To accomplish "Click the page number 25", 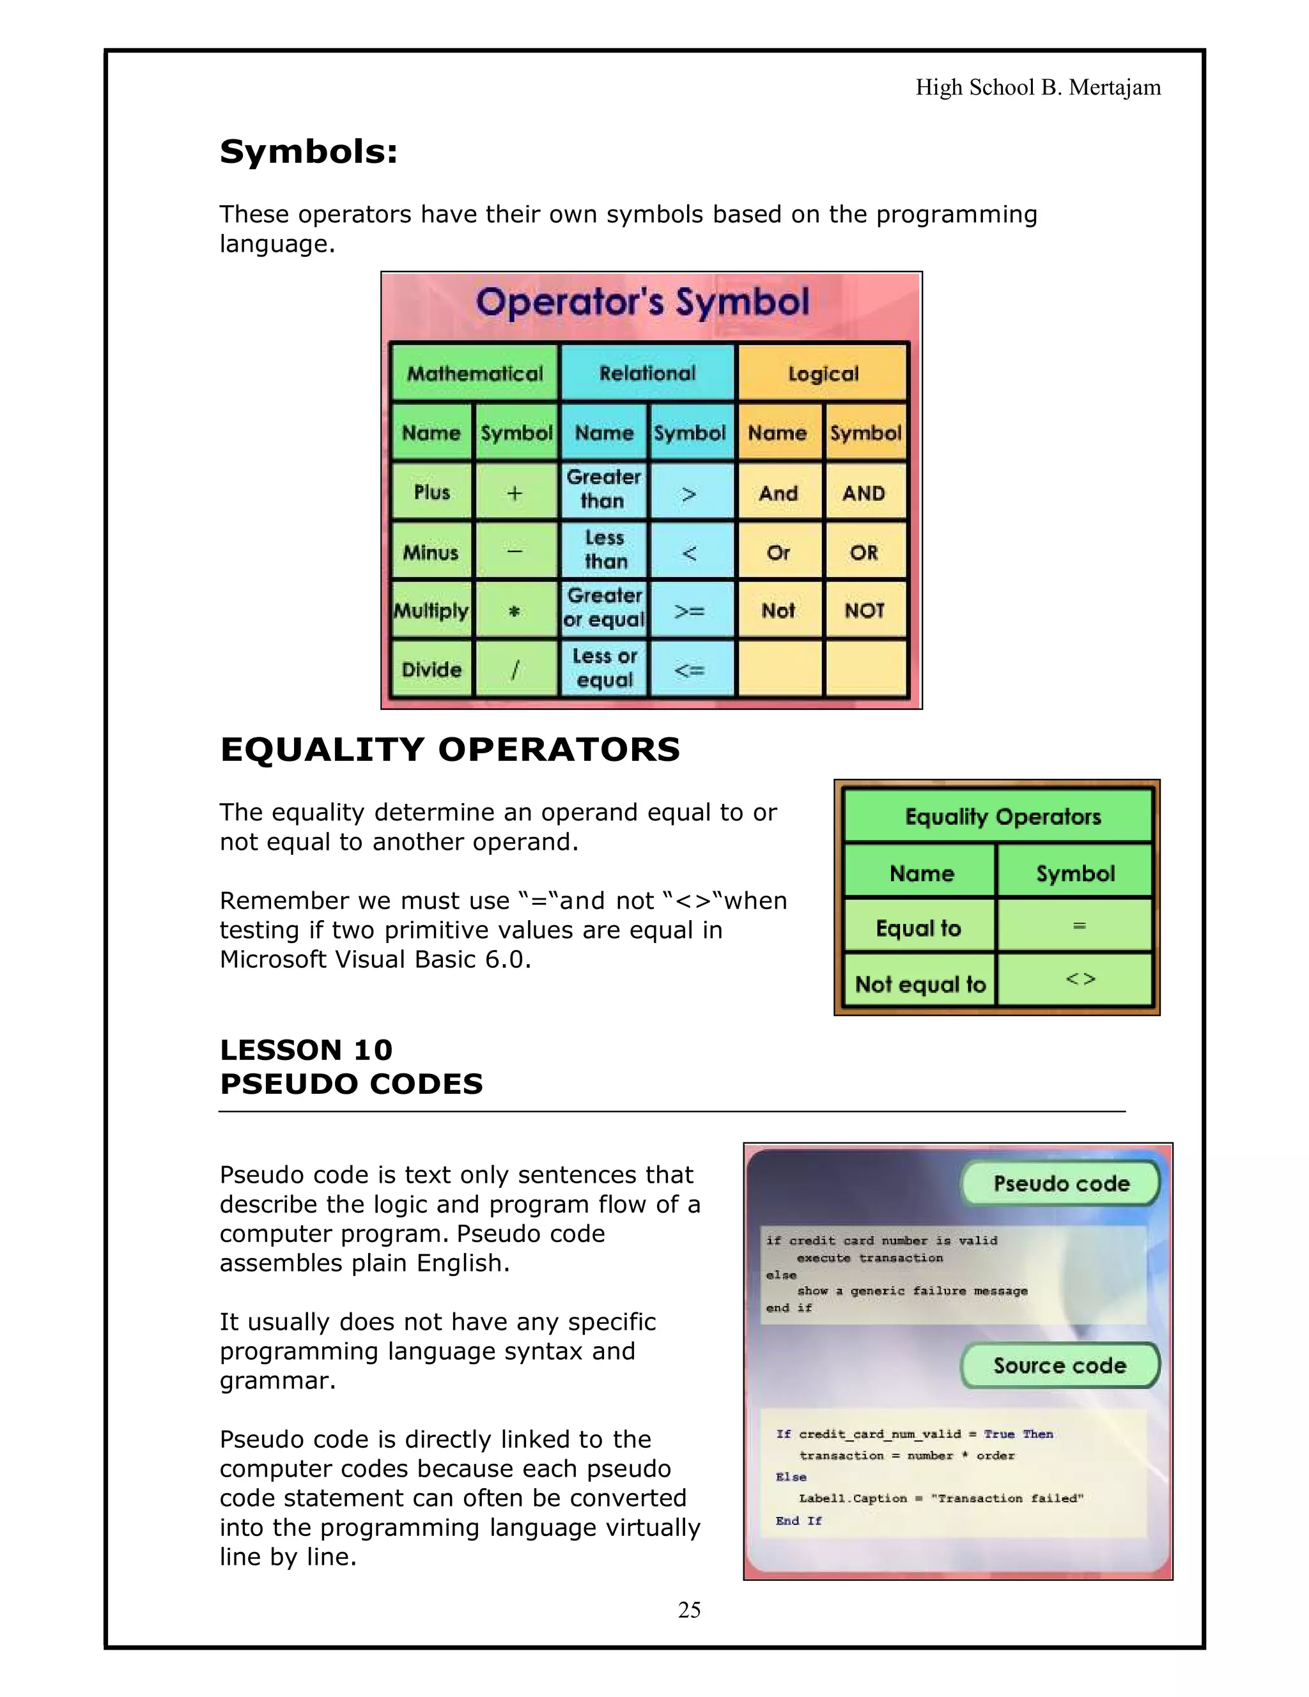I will pos(689,1609).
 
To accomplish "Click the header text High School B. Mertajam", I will pos(1038,87).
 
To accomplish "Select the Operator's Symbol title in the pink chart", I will pos(642,302).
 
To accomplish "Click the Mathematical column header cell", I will pos(475,374).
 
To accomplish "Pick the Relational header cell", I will pos(647,373).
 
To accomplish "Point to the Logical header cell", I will pos(823,374).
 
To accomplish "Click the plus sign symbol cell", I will pos(515,493).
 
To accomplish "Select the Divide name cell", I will pos(431,669).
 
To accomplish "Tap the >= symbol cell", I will pos(690,611).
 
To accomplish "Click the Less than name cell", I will pos(605,549).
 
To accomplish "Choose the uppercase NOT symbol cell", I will pos(864,611).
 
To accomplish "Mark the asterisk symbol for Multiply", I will pos(514,611).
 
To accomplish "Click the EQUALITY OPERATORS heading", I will pos(449,750).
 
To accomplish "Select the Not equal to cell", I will pos(920,984).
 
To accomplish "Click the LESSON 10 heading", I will pos(306,1050).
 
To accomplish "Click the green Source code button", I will pos(1060,1366).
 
